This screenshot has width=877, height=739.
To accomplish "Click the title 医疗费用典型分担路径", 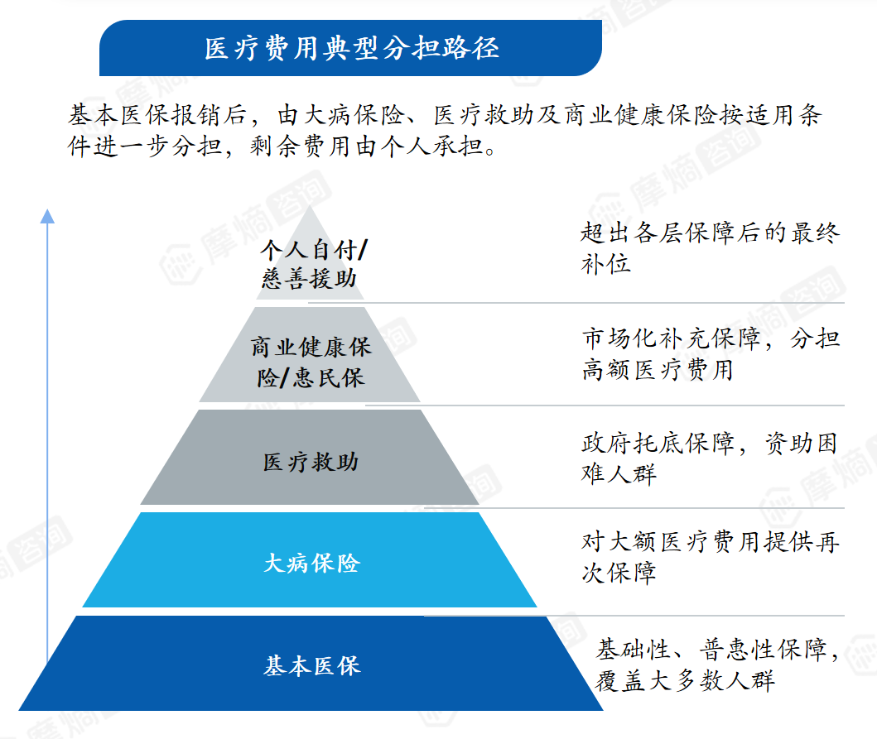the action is pos(351,48).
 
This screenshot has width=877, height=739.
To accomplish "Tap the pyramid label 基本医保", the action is pos(312,666).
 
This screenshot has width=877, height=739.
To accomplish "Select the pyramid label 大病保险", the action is pos(311,563).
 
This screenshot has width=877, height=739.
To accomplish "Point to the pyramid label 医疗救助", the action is pos(311,462).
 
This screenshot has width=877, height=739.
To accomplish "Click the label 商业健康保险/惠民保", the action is pos(311,362).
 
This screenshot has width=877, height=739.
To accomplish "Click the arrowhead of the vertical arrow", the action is pos(47,216).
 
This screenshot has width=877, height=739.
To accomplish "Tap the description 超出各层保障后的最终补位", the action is pos(710,247).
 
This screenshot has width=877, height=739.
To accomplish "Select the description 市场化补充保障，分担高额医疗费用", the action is pos(711,353).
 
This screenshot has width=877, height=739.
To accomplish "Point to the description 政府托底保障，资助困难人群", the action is pos(709,458).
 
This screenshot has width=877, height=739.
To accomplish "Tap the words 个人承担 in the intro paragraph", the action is pos(432,146).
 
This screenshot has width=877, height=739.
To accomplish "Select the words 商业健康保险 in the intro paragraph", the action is pos(641,115).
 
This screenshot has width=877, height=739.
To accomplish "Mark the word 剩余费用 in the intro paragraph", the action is pos(301,146).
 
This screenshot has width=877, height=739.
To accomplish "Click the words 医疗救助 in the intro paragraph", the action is pos(484,115).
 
